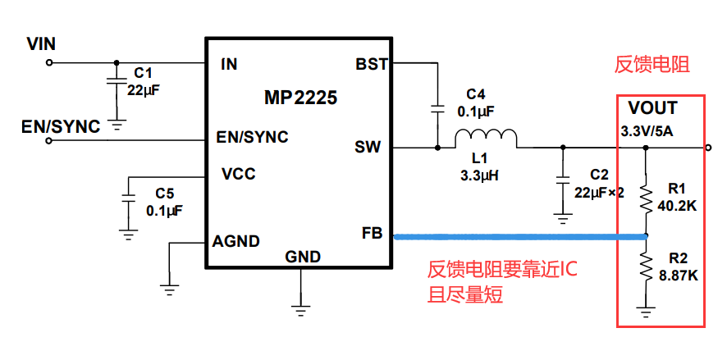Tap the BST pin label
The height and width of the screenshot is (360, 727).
tap(372, 64)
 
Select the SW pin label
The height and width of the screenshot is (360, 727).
tap(368, 148)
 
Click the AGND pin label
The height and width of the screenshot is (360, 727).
tap(236, 241)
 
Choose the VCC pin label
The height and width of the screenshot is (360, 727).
tap(239, 174)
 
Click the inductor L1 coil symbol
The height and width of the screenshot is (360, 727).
tap(487, 139)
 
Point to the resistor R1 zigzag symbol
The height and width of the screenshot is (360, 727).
tap(647, 197)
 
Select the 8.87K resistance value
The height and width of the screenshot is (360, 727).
tap(679, 276)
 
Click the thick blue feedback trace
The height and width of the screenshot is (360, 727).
tap(517, 237)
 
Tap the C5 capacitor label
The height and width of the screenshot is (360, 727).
tap(165, 194)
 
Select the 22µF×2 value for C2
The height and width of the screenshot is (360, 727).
tap(600, 193)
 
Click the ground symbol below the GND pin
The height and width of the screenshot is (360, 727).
tap(301, 307)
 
